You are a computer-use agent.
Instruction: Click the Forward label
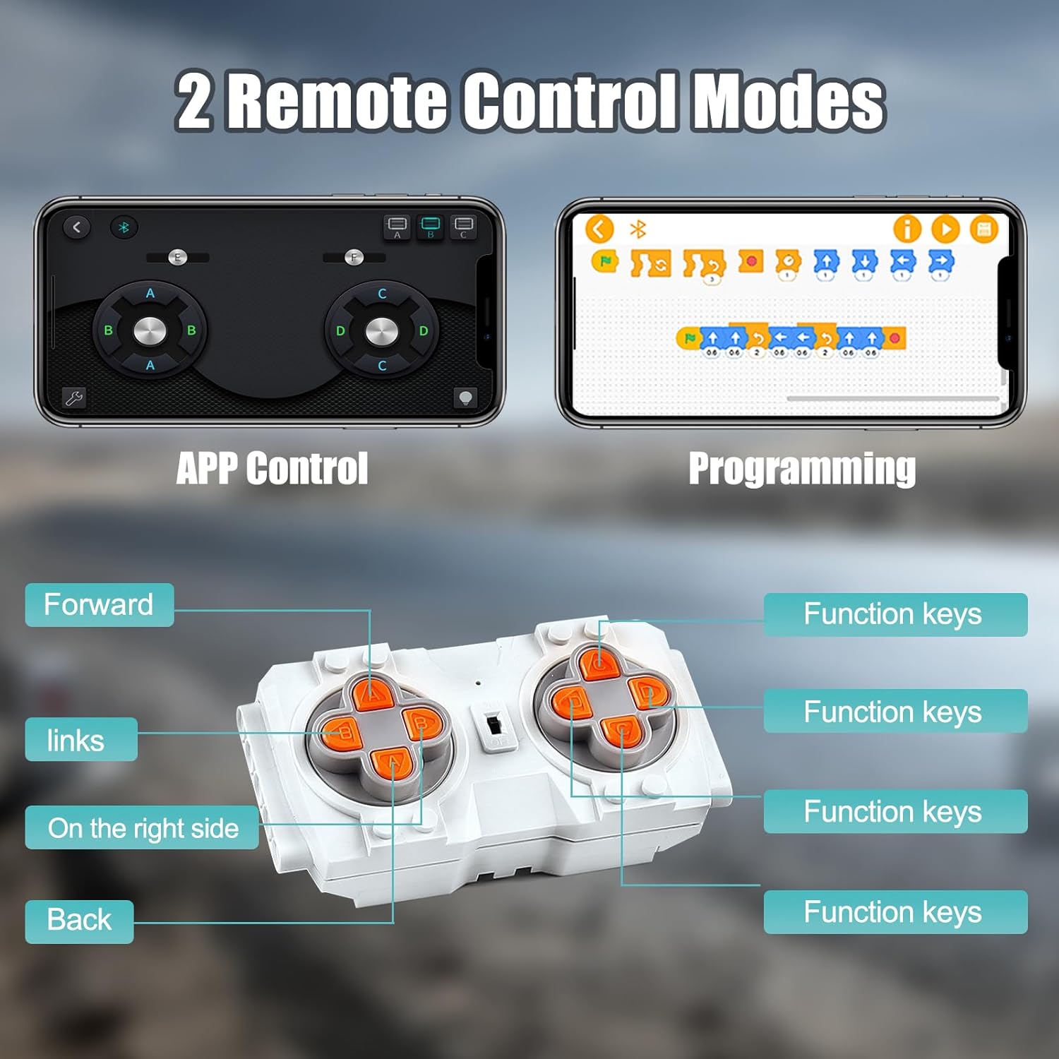pos(99,605)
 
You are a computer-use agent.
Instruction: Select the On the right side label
pos(142,827)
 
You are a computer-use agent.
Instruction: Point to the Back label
pos(79,921)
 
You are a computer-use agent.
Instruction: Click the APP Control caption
pos(272,468)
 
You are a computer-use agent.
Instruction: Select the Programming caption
pos(802,468)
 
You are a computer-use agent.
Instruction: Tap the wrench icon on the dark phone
pos(74,398)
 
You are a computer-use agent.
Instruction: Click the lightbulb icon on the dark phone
pos(465,397)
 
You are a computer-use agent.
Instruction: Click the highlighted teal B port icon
pos(430,226)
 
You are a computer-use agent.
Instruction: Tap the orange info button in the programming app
pos(907,229)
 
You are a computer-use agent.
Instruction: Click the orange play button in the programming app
pos(945,229)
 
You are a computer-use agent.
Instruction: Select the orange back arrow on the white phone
pos(599,229)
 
